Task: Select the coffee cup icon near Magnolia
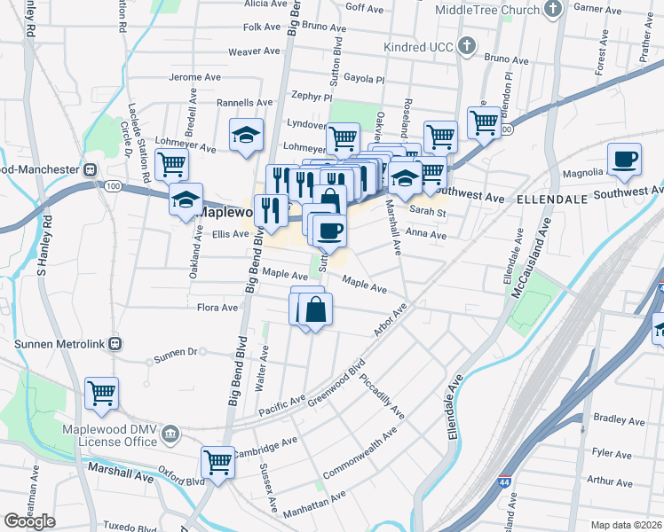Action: point(624,158)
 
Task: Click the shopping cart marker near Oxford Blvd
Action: point(217,460)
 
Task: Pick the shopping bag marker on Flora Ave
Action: point(315,309)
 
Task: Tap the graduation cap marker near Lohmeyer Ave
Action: point(246,135)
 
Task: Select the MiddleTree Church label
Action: point(487,11)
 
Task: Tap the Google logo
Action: point(29,521)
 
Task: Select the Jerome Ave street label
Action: point(194,77)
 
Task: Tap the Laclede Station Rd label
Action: point(123,35)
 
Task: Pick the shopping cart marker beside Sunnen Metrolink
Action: point(101,393)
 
